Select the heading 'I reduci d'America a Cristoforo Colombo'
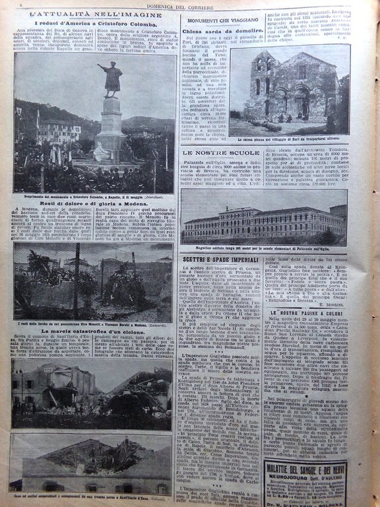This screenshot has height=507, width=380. pyautogui.click(x=92, y=26)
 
